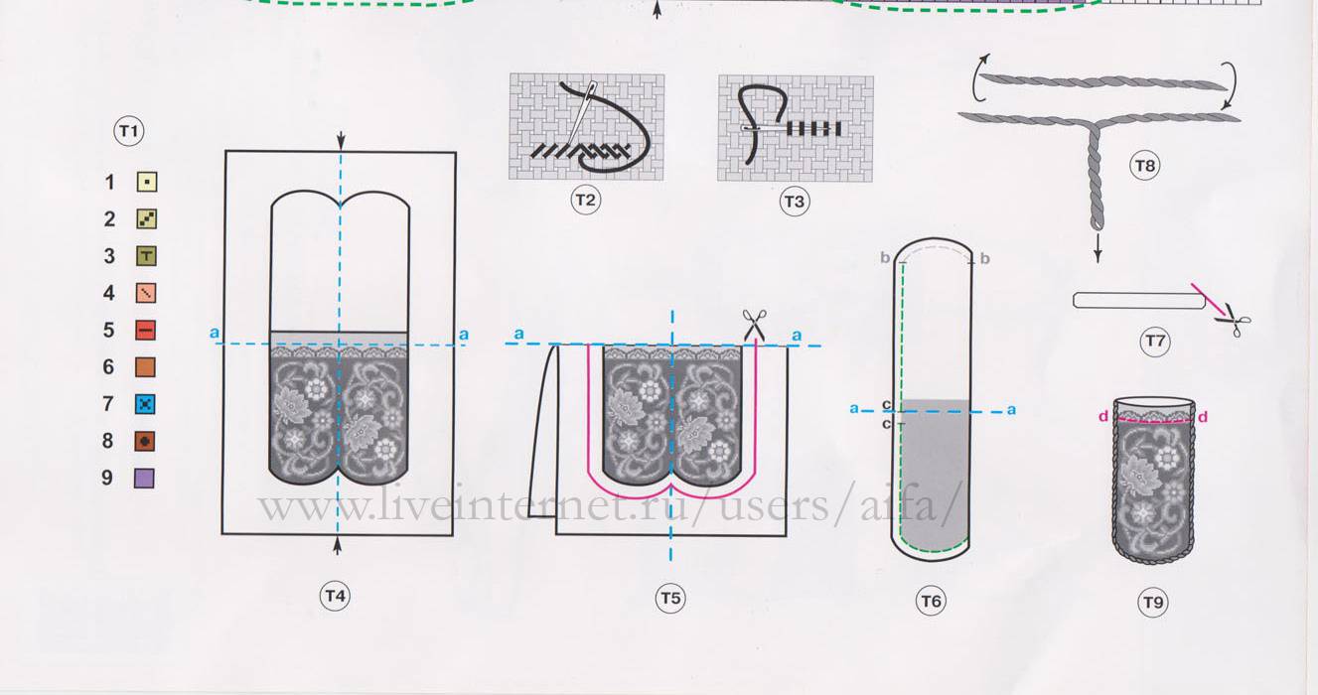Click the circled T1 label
pyautogui.click(x=129, y=130)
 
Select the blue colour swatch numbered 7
pyautogui.click(x=145, y=404)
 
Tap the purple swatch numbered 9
pyautogui.click(x=144, y=478)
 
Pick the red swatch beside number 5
pyautogui.click(x=145, y=330)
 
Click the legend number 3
pyautogui.click(x=109, y=256)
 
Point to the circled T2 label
pyautogui.click(x=585, y=200)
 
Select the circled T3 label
pyautogui.click(x=795, y=202)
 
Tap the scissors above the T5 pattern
pyautogui.click(x=754, y=325)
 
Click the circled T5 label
pyautogui.click(x=670, y=599)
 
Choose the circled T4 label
pyautogui.click(x=335, y=597)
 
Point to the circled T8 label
pyautogui.click(x=1144, y=166)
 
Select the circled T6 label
pyautogui.click(x=931, y=601)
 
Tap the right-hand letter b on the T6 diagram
pyautogui.click(x=985, y=259)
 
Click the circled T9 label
pyautogui.click(x=1153, y=603)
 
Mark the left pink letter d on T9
pyautogui.click(x=1103, y=416)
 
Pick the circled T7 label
pyautogui.click(x=1155, y=341)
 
